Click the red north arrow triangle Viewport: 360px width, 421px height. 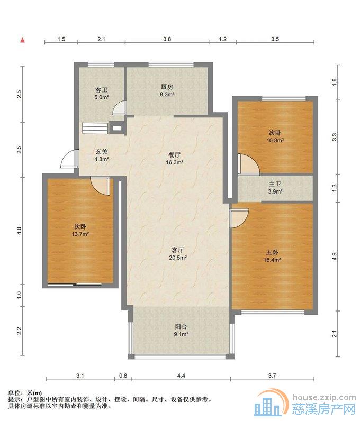(23, 40)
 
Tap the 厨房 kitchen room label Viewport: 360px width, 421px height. (167, 87)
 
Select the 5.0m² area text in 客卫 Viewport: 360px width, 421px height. (101, 97)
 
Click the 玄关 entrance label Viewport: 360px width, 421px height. (101, 152)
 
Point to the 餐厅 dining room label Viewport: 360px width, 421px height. (174, 155)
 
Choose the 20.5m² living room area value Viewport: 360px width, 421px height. (178, 258)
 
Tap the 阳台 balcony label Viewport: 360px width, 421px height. (181, 327)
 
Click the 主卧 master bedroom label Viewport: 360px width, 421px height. (272, 252)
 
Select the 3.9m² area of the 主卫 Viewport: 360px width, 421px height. (275, 191)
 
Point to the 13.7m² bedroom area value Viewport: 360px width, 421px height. (80, 234)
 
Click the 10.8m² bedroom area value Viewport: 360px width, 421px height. (275, 140)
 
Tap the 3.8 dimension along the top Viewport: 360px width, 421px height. (167, 39)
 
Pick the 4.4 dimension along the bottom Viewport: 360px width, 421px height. (181, 376)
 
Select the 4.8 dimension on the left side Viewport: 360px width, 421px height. (19, 231)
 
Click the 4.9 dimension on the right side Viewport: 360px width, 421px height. (335, 257)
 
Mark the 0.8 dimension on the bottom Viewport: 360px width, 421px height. (123, 376)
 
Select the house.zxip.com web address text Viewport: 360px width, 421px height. (323, 397)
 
